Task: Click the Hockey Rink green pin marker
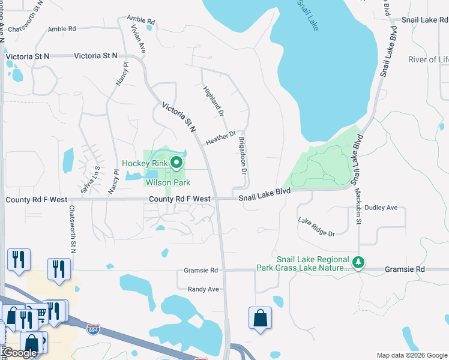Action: click(176, 163)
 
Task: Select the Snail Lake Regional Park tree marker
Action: click(358, 262)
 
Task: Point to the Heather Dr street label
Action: click(220, 139)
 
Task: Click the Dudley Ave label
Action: click(381, 208)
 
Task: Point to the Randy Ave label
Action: click(204, 289)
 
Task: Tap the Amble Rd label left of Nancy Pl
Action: click(62, 29)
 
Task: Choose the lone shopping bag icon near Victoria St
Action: click(260, 318)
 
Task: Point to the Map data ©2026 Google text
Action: click(411, 355)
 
